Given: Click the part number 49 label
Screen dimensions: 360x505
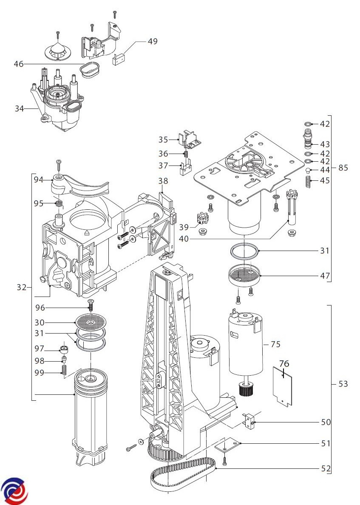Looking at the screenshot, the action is click(153, 41).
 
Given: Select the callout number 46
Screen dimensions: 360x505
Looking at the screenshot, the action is click(19, 64).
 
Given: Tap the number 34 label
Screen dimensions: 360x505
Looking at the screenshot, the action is click(19, 108).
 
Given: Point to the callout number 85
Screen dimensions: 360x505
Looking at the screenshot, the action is click(343, 168).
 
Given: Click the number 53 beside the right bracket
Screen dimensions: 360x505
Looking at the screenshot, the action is click(343, 384).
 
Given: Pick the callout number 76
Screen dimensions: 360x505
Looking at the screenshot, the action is click(284, 364).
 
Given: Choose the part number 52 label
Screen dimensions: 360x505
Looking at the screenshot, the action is click(326, 468).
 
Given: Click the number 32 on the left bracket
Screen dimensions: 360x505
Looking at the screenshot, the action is click(22, 287).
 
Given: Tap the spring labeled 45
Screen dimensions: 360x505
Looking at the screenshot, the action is click(308, 181).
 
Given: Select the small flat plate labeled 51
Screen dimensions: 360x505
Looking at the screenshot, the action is click(228, 446).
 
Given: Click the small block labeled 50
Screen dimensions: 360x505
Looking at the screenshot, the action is click(249, 420).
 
